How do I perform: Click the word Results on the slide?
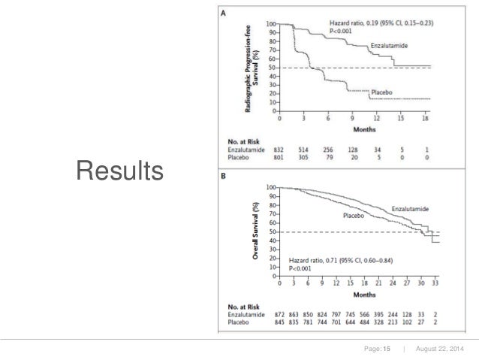tap(118, 172)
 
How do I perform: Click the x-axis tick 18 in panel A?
tap(426, 118)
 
